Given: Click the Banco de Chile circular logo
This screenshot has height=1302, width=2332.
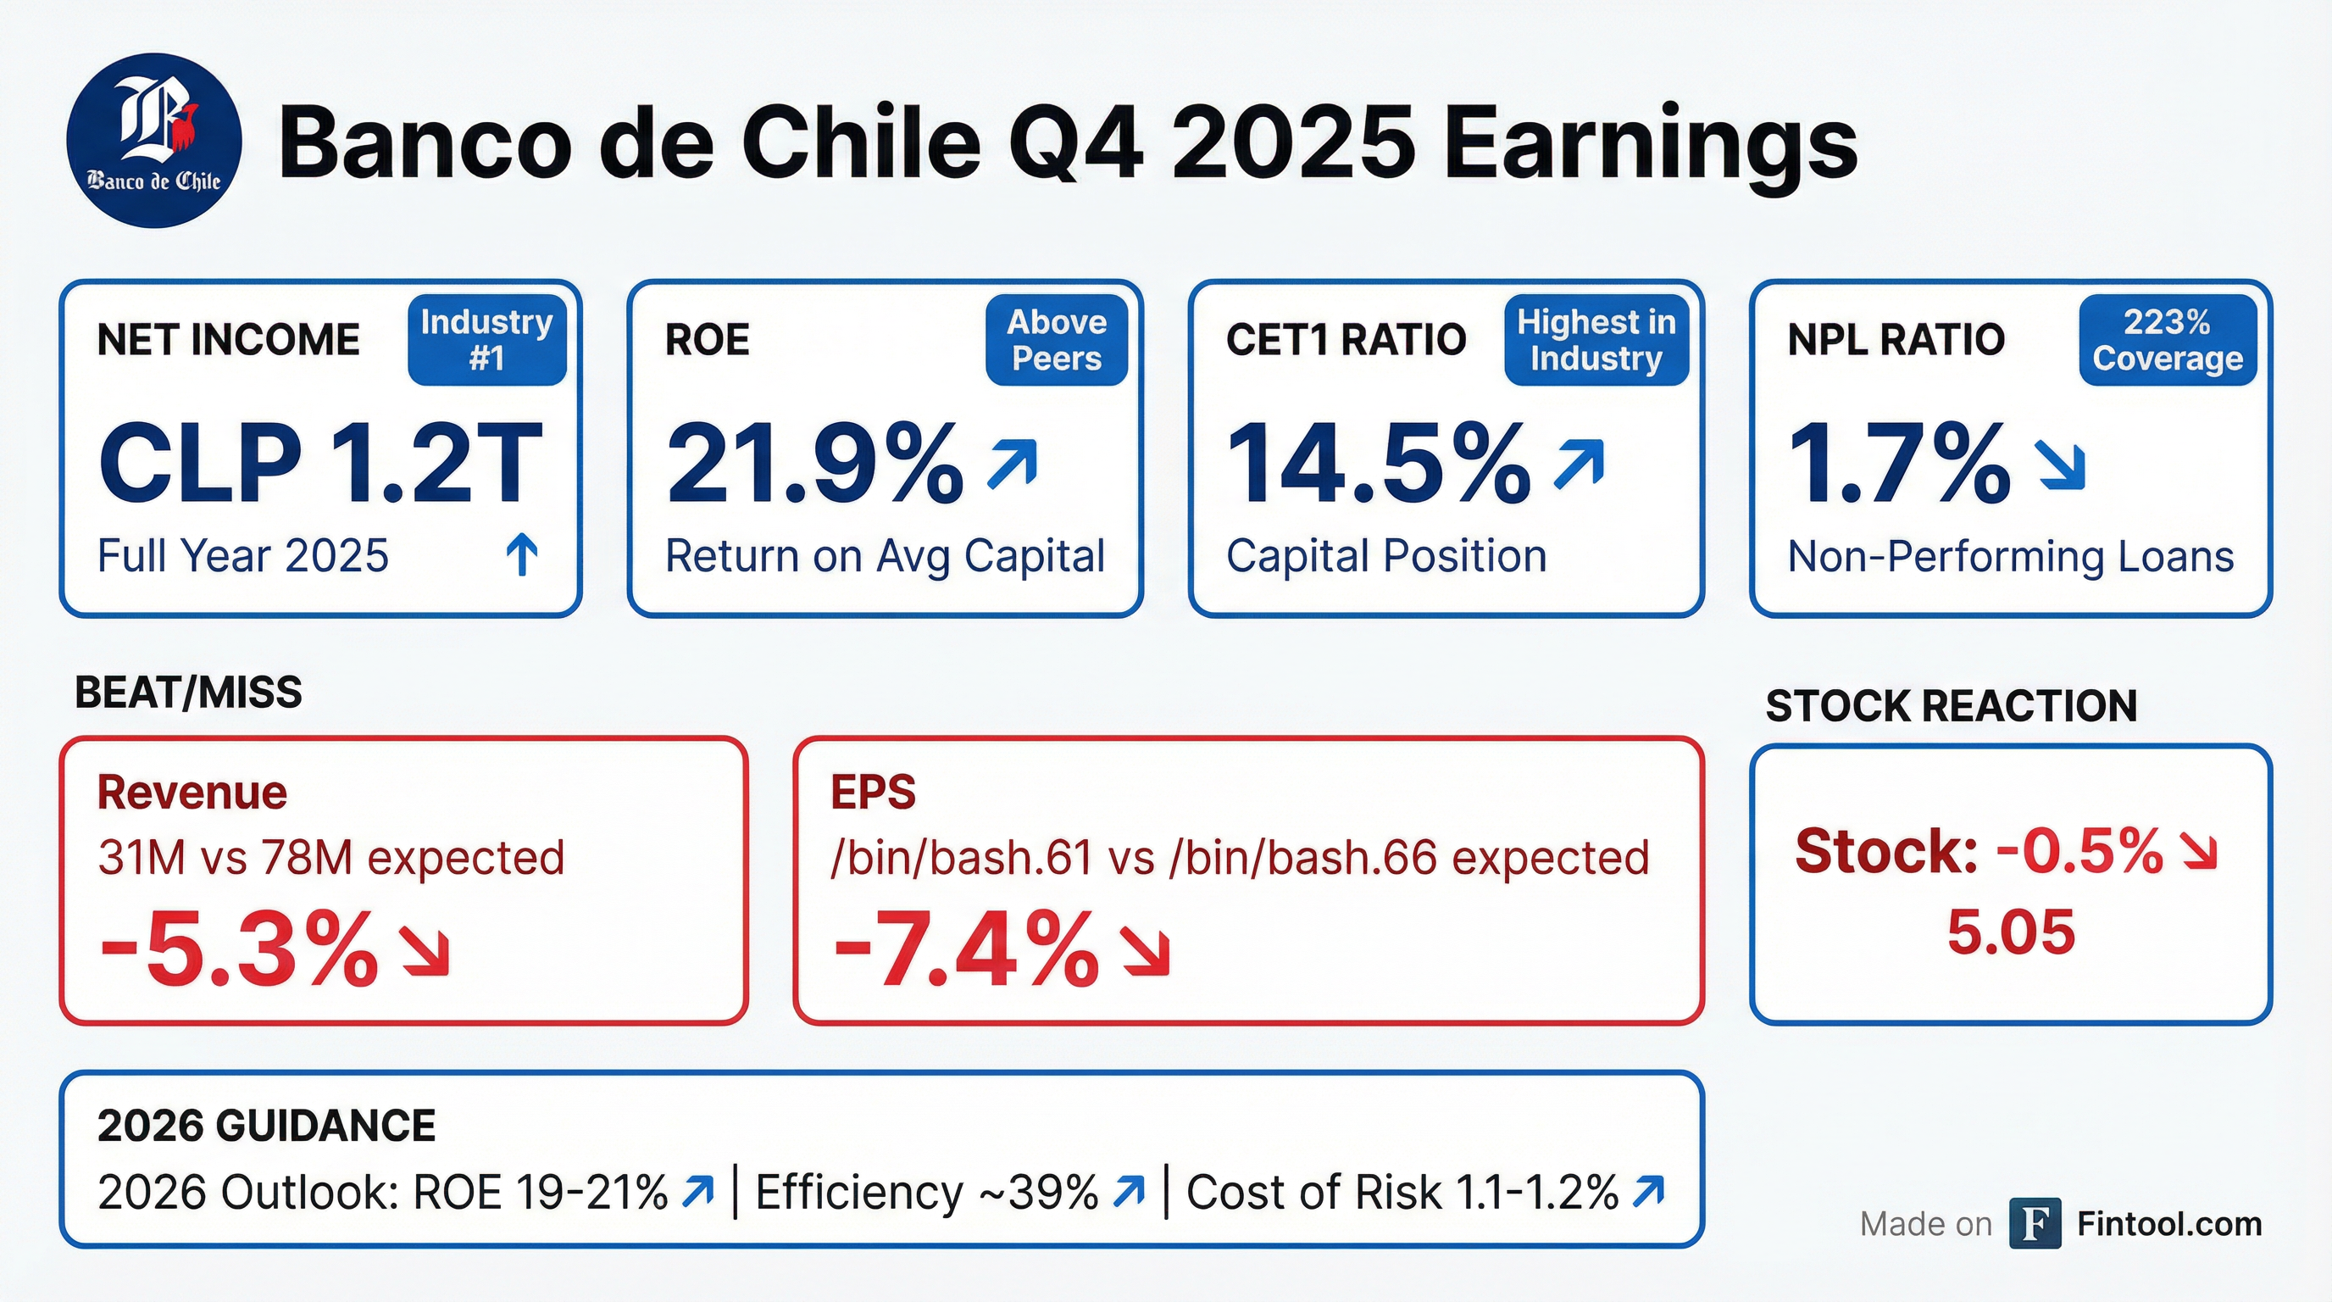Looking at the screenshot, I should (154, 141).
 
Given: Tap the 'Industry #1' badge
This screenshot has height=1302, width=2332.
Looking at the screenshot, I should (487, 340).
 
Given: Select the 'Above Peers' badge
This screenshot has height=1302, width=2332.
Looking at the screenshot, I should (1057, 340).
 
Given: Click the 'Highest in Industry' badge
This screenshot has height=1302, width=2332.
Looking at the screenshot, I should (1596, 340).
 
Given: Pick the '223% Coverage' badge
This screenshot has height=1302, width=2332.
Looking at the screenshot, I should (2168, 340).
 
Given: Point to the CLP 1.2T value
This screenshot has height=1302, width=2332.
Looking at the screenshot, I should (321, 464).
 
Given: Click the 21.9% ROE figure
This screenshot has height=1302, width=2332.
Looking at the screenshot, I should (814, 464).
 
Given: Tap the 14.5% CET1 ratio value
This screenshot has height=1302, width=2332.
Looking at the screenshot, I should (1378, 464).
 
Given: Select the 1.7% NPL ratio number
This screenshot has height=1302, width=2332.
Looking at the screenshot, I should (1899, 464).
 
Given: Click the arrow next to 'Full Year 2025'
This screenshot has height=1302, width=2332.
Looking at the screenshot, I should (522, 554).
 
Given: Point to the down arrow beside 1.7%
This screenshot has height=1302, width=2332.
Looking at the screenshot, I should (2061, 465).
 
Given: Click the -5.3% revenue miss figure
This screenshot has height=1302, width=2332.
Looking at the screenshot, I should (238, 949).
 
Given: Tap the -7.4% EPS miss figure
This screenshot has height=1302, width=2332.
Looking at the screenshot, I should (966, 949).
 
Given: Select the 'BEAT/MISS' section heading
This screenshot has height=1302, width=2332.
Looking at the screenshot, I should (188, 693).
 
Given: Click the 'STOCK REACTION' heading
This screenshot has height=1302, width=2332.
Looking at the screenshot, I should (1951, 705).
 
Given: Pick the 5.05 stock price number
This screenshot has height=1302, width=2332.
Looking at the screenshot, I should (2011, 932).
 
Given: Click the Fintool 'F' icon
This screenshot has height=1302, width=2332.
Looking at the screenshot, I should (2035, 1223).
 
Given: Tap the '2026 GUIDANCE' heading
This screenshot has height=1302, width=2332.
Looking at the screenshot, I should (266, 1126).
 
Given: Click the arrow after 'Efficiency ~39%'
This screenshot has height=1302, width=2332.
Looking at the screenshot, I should (1129, 1191).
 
